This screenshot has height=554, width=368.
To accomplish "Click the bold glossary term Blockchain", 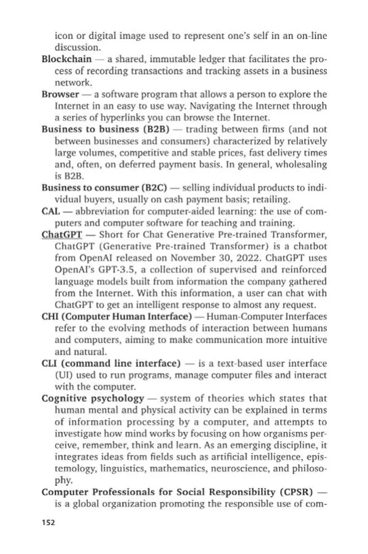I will pyautogui.click(x=66, y=59).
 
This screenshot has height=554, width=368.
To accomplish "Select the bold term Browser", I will pyautogui.click(x=60, y=94).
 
